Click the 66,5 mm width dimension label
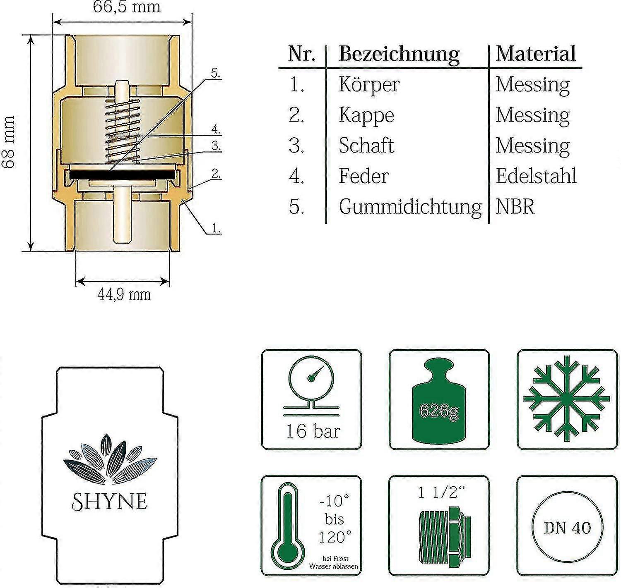click(126, 7)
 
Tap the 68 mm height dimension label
click(9, 141)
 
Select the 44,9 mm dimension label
click(124, 294)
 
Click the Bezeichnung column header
click(399, 54)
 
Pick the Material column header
click(536, 54)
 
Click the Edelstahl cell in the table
click(536, 176)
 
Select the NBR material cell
click(515, 206)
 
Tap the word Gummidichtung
click(410, 206)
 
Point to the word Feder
click(363, 176)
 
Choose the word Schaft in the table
click(366, 146)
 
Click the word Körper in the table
click(369, 85)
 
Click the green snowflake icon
click(567, 399)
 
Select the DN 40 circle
click(567, 528)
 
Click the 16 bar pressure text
click(313, 431)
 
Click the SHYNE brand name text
click(110, 502)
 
